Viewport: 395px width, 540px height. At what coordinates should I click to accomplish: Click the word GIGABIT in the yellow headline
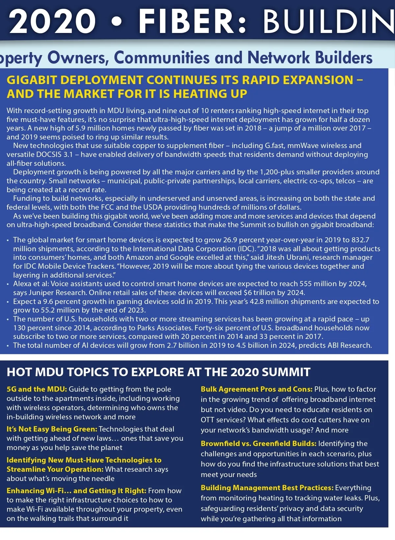pos(32,80)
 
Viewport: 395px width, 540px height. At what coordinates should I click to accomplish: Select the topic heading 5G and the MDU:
pos(37,389)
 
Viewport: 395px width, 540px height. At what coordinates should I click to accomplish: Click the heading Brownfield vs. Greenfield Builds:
pos(258,443)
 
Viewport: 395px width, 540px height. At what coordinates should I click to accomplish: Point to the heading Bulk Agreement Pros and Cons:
pos(256,389)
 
